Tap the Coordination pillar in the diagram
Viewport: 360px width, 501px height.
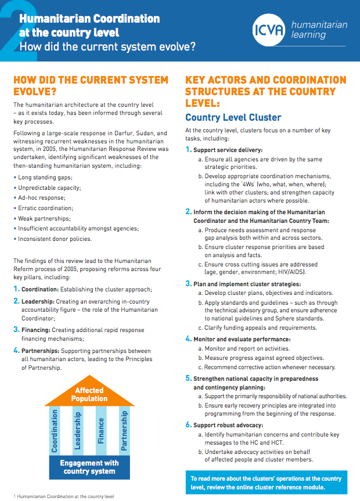pos(55,431)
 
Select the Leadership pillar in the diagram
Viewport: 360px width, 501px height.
pos(78,431)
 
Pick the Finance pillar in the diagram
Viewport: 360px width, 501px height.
pos(101,431)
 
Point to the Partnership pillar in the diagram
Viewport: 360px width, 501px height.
pos(124,431)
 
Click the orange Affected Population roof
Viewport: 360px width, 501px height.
pos(89,395)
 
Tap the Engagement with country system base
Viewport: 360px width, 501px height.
pos(89,467)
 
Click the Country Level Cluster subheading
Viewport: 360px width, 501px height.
pos(233,117)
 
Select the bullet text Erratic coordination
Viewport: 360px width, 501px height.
pos(46,208)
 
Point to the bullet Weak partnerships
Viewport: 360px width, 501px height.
pos(43,218)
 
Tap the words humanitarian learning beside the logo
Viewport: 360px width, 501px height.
pos(319,31)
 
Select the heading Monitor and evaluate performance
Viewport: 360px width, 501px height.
pos(242,338)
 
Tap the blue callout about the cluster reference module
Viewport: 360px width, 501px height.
pos(266,483)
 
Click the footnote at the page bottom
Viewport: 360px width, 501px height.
pos(63,496)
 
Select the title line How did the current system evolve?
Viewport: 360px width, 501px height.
pos(107,46)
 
